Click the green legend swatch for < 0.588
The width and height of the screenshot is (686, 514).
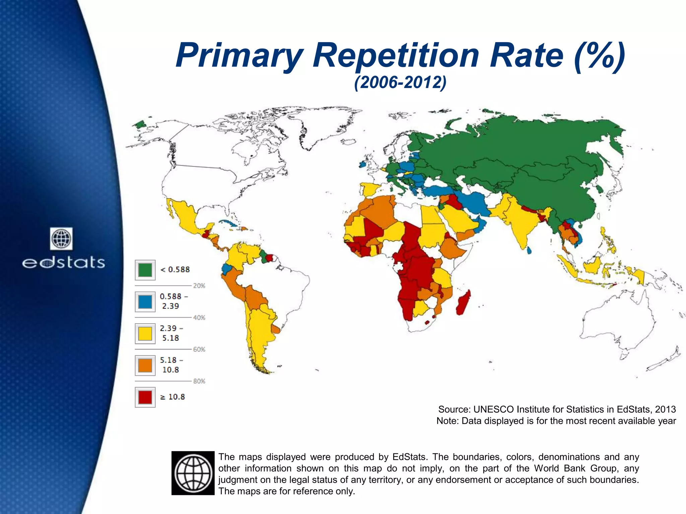pyautogui.click(x=145, y=270)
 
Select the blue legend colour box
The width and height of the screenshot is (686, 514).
pyautogui.click(x=145, y=302)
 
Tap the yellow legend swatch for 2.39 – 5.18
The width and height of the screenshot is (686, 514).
pyautogui.click(x=145, y=333)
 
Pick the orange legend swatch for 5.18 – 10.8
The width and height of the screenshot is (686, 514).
pyautogui.click(x=145, y=365)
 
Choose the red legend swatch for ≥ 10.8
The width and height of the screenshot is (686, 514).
pyautogui.click(x=145, y=397)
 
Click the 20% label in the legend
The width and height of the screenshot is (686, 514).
pyautogui.click(x=199, y=286)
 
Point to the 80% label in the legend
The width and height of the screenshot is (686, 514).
pyautogui.click(x=199, y=381)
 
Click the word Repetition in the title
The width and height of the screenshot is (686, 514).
pyautogui.click(x=396, y=55)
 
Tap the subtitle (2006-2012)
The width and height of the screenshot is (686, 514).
pyautogui.click(x=400, y=82)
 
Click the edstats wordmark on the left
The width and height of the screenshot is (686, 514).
pyautogui.click(x=64, y=263)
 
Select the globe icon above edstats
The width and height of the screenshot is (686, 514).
pyautogui.click(x=61, y=239)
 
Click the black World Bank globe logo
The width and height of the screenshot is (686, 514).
pyautogui.click(x=193, y=473)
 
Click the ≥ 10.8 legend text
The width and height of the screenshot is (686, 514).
pyautogui.click(x=173, y=397)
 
